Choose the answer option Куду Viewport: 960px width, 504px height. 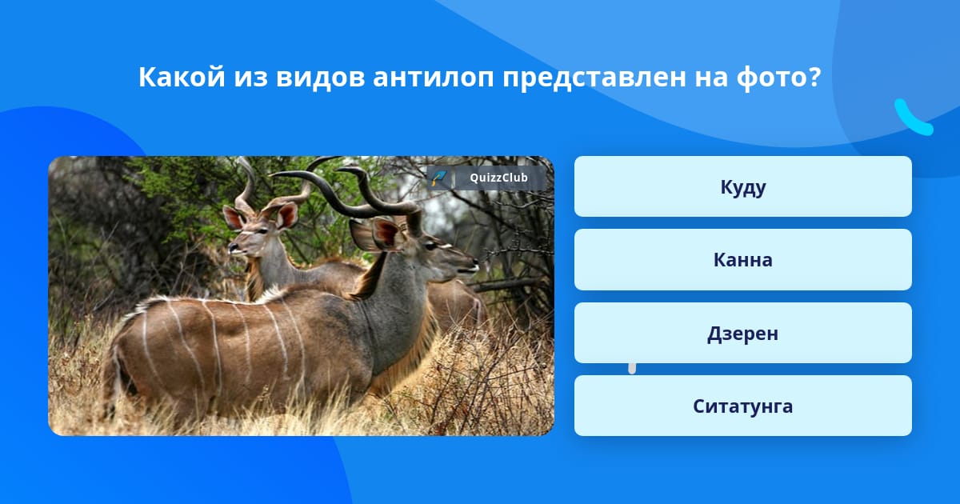[742, 186]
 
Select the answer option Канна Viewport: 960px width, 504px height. [742, 260]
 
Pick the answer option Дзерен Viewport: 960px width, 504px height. [742, 333]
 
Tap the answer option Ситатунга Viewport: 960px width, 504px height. [742, 406]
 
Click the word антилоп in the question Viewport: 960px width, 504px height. [434, 77]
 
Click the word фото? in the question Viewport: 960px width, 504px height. [778, 78]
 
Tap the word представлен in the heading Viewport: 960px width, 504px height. [594, 78]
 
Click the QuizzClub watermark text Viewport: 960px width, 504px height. [498, 178]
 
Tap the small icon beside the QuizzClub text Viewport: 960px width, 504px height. [439, 178]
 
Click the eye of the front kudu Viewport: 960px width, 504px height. [430, 245]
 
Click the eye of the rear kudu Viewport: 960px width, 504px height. [260, 231]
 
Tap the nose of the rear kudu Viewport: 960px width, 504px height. [232, 247]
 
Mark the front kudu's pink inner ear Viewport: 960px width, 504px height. [386, 234]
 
